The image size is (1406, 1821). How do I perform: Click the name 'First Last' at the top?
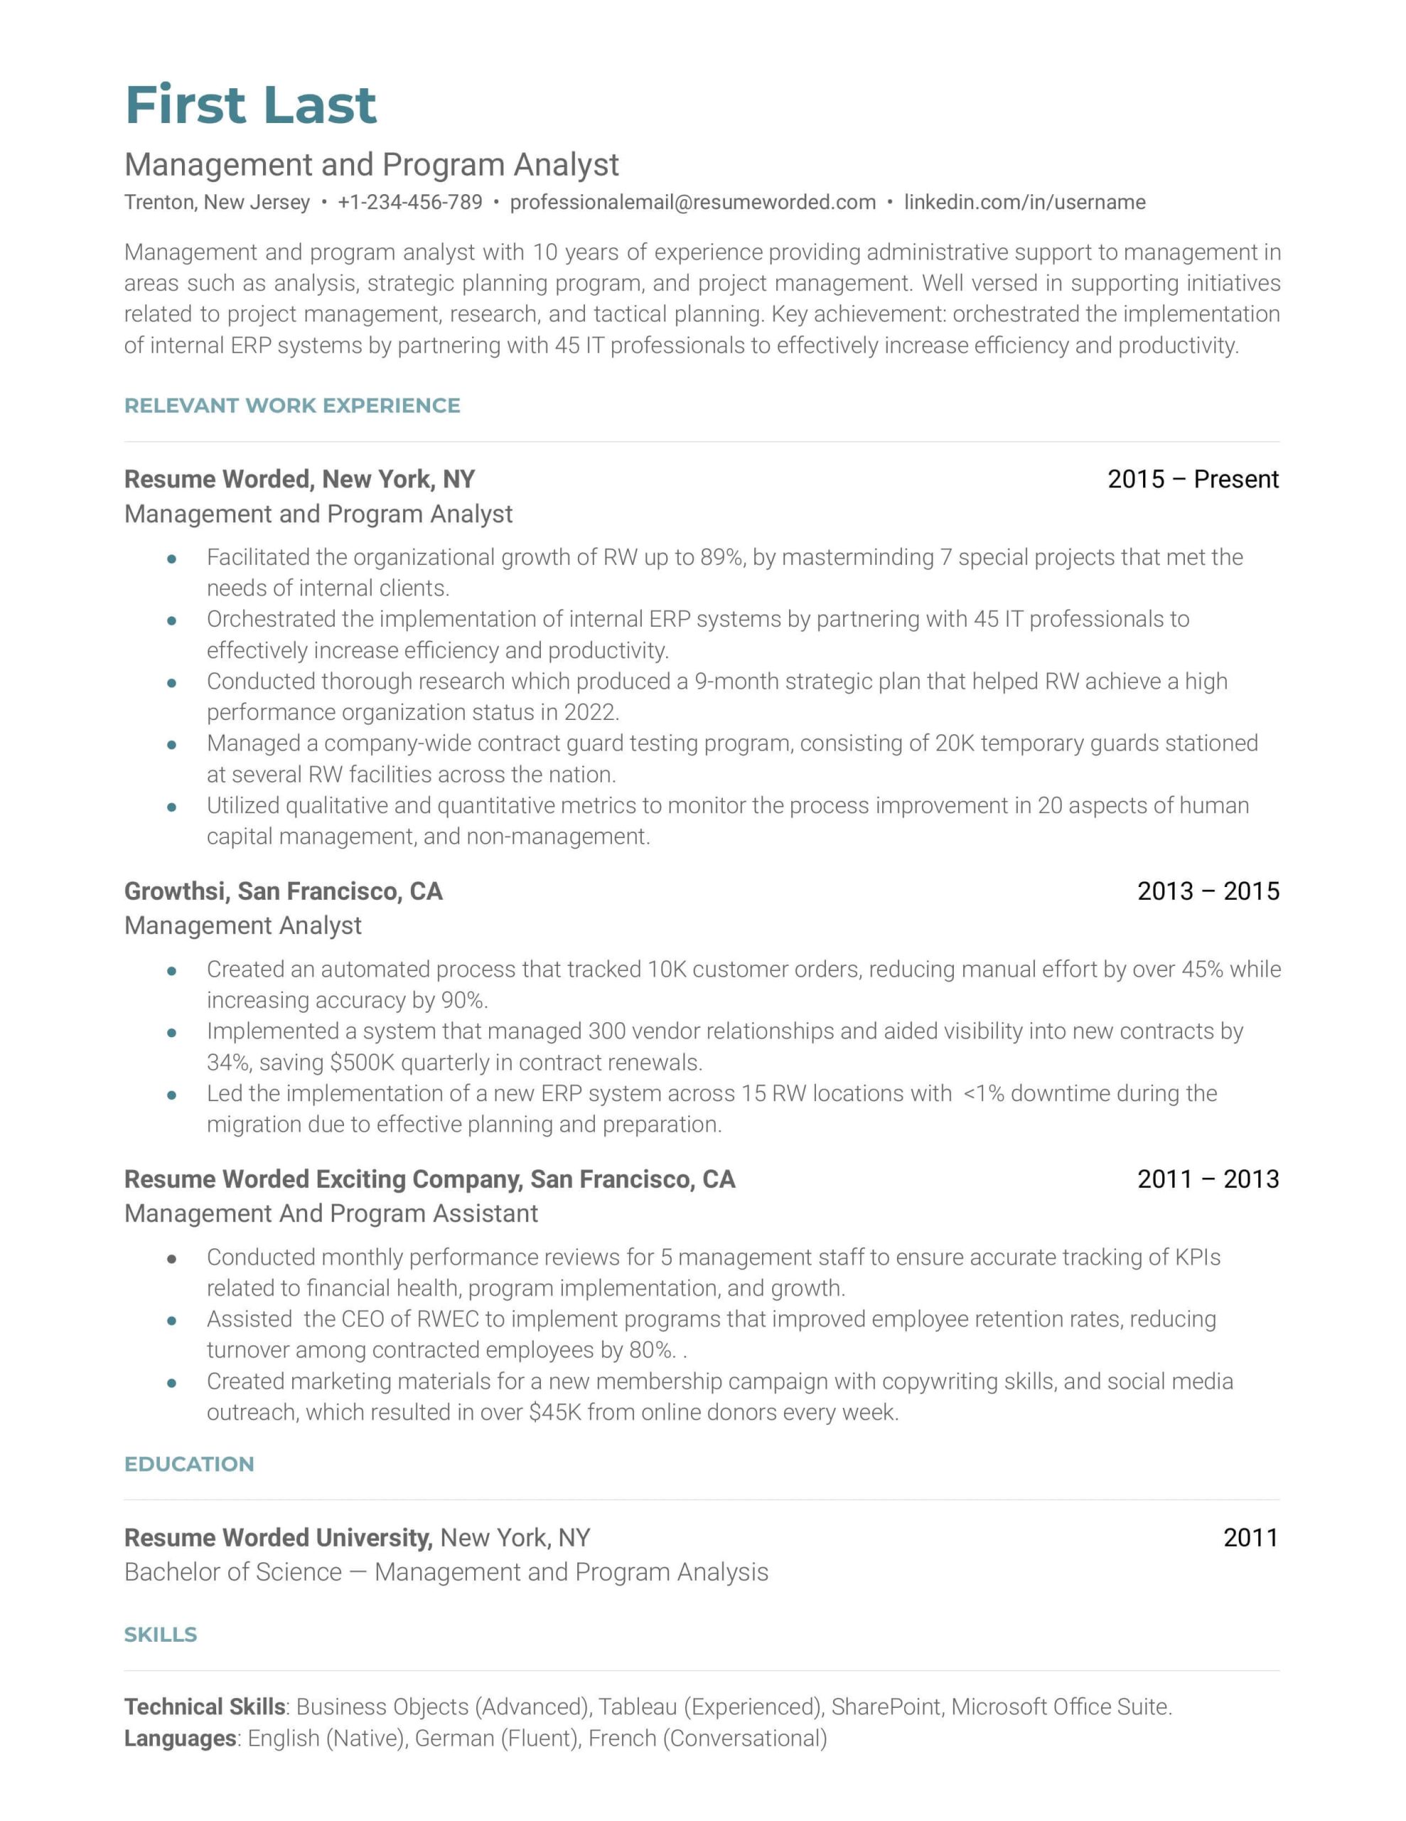[250, 105]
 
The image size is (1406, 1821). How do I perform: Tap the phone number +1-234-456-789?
[409, 203]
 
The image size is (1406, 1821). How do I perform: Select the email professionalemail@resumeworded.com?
[692, 203]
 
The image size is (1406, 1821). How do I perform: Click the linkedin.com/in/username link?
[1024, 203]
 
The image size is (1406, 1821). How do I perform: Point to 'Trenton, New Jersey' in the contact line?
[217, 203]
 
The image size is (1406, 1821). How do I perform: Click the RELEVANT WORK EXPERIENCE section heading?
[291, 406]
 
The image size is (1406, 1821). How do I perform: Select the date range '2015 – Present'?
[1192, 479]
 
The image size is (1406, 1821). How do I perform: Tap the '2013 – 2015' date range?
[1208, 891]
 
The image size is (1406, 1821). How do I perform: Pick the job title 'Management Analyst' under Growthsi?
[242, 926]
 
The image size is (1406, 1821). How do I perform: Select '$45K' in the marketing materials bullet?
[554, 1413]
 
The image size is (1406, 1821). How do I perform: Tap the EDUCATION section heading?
[189, 1465]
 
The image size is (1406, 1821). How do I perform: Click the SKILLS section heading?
[161, 1635]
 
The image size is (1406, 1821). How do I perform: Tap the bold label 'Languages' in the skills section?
[180, 1738]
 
